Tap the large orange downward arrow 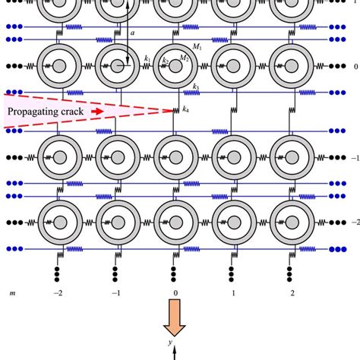pos(176,317)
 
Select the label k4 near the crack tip pos(185,111)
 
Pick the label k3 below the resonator pos(196,87)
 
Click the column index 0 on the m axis pos(175,292)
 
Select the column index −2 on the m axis pos(58,292)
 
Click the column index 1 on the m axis pos(232,292)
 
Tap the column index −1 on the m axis pos(116,292)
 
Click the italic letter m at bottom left pos(11,292)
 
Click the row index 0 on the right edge pos(355,67)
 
